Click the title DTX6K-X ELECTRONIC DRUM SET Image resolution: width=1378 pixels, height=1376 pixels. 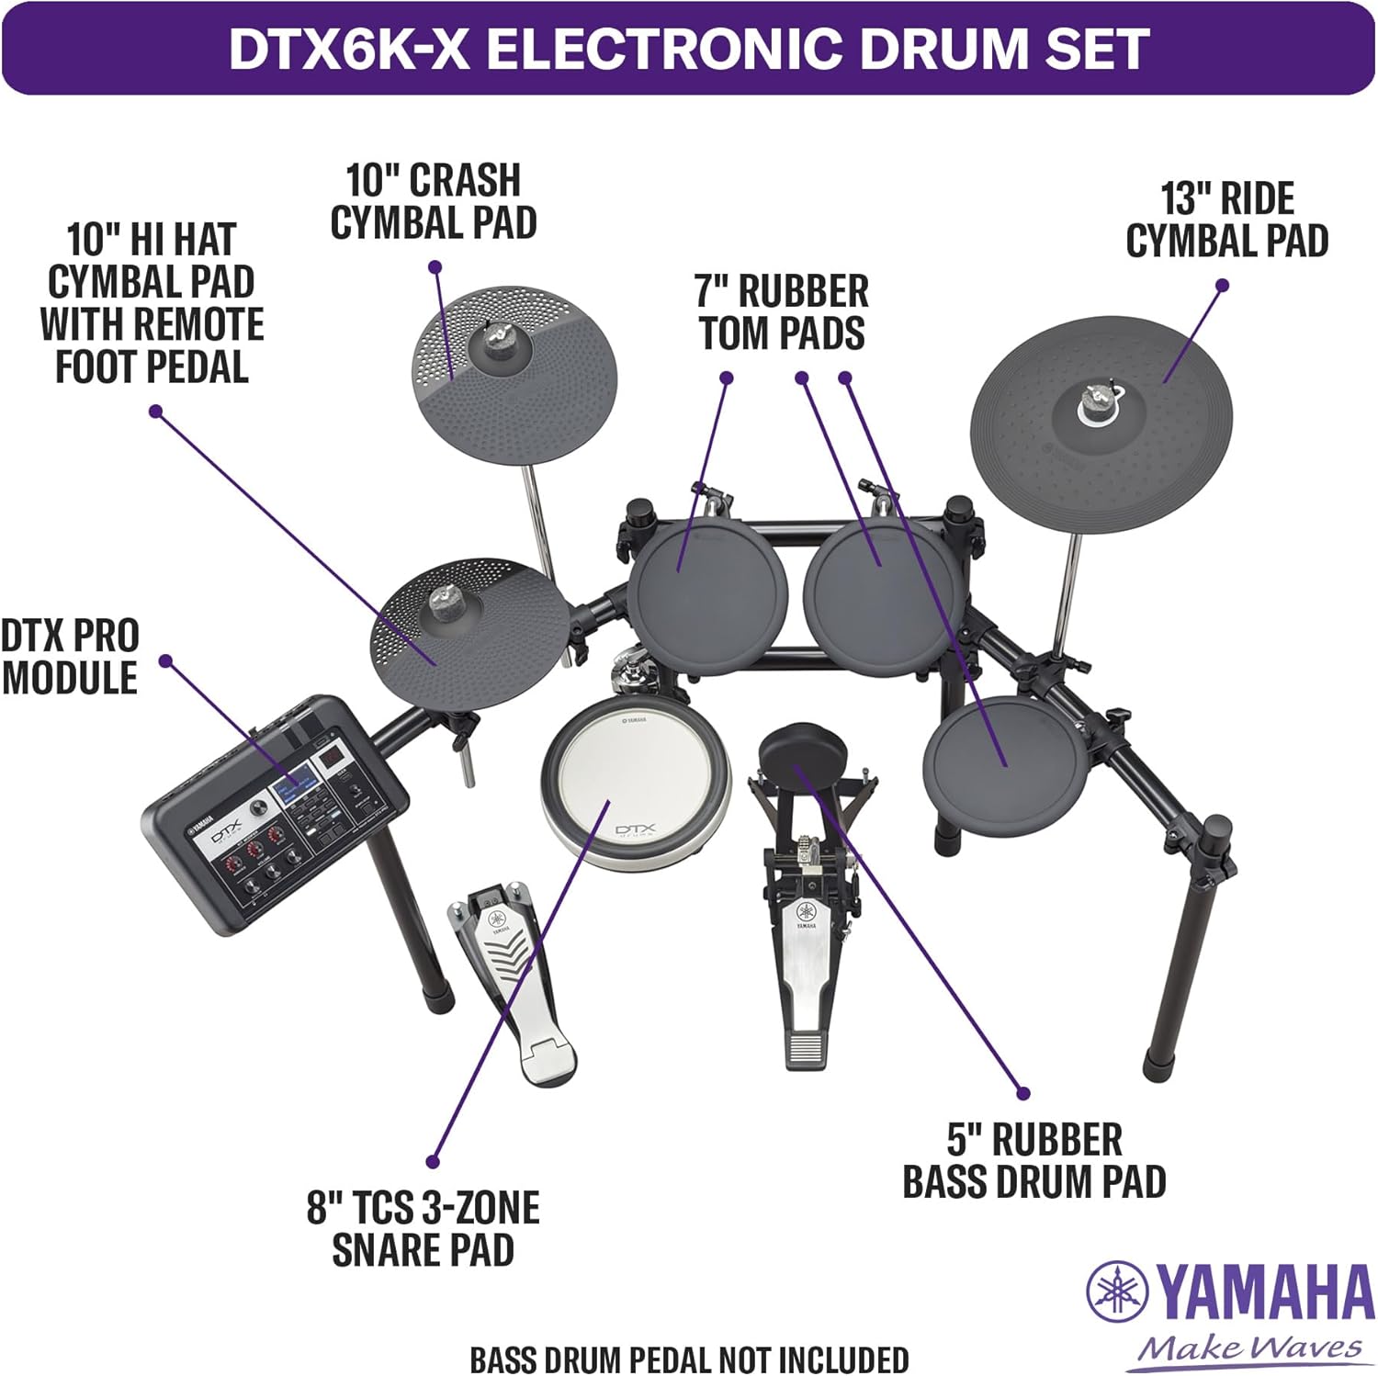tap(688, 49)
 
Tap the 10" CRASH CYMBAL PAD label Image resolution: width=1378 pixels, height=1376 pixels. tap(434, 202)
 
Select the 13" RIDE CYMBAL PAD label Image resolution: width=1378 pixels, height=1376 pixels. tap(1227, 220)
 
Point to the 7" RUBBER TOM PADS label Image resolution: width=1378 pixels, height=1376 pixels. tap(782, 312)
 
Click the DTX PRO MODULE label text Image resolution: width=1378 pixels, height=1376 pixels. tap(70, 657)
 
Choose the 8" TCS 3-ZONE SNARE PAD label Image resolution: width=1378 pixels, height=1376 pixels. tap(424, 1229)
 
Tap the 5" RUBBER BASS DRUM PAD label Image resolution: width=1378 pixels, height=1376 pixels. tap(1034, 1161)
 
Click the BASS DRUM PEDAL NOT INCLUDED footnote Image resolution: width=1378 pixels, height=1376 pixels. tap(689, 1359)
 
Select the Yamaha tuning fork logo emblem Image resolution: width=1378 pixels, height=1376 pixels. tap(1117, 1291)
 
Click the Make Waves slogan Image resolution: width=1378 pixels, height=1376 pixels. tap(1249, 1348)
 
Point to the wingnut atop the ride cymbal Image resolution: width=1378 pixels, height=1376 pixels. tap(1094, 397)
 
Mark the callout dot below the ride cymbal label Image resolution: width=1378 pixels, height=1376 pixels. tap(1222, 286)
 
